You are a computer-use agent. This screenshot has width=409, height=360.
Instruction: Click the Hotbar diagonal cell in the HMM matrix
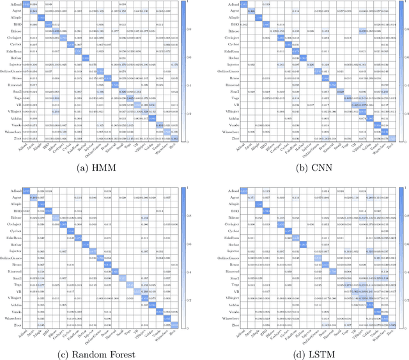click(x=86, y=58)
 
